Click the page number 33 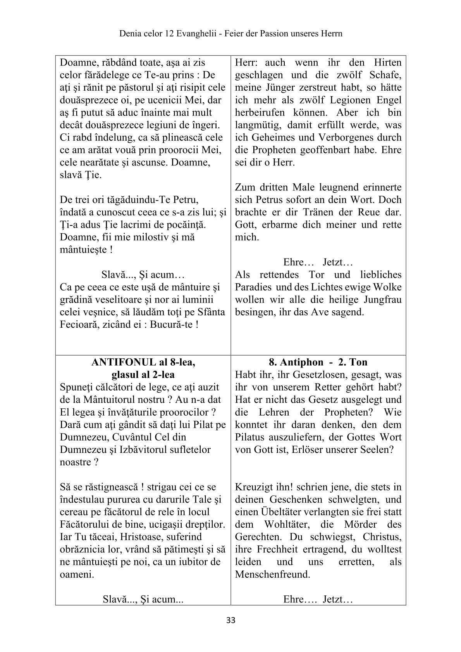(x=230, y=620)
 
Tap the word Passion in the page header (x=277, y=34)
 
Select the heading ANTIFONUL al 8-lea (x=143, y=362)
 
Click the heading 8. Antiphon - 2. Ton (x=318, y=362)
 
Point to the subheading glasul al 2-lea (x=143, y=375)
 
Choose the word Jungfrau (x=383, y=300)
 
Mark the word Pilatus (x=253, y=437)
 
